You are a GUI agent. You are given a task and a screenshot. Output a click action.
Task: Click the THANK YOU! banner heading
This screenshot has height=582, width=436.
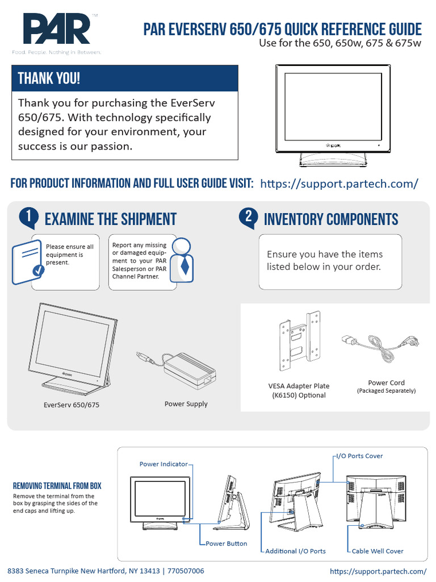(x=49, y=78)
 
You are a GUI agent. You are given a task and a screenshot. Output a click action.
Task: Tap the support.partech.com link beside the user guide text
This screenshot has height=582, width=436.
(x=339, y=184)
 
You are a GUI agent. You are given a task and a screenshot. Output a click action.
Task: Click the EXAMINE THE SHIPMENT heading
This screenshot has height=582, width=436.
(x=110, y=219)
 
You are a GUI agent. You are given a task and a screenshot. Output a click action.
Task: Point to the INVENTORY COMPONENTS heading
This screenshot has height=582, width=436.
(x=331, y=219)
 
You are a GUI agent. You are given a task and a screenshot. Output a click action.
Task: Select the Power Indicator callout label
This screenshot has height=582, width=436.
(x=163, y=464)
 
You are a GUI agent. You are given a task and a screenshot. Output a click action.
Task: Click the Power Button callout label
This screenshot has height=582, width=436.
(x=226, y=544)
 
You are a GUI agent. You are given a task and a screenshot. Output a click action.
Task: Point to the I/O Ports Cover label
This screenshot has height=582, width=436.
(x=359, y=456)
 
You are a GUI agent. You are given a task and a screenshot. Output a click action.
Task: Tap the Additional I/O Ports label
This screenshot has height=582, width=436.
(x=295, y=551)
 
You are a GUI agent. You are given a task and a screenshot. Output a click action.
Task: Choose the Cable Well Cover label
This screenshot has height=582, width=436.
(x=377, y=551)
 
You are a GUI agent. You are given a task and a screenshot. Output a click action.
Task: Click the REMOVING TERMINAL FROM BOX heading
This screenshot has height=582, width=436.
(x=57, y=486)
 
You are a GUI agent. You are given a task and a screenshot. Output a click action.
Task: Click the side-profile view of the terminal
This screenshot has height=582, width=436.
(x=231, y=499)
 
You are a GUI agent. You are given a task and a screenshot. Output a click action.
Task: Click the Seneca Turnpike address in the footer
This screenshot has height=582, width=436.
(x=105, y=571)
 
